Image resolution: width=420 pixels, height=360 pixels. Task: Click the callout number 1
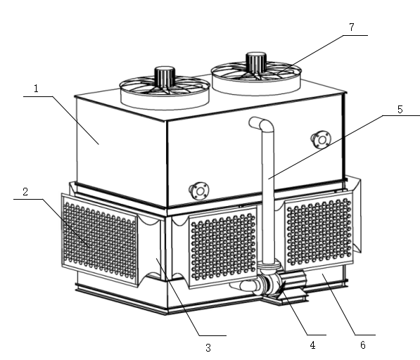point(36,89)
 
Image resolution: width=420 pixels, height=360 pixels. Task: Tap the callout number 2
point(25,192)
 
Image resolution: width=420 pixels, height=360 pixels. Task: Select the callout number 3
point(208,347)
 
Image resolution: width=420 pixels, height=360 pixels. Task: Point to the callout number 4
point(312,345)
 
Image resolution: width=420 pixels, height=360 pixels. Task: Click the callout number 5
point(400,110)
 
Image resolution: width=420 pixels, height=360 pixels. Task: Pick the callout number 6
point(363,345)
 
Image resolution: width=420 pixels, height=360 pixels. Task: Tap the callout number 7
point(352,27)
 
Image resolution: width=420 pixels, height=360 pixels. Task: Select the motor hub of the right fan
point(256,62)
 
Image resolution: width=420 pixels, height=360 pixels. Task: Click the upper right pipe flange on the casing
point(322,139)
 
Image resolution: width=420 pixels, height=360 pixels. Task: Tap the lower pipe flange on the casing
point(199,191)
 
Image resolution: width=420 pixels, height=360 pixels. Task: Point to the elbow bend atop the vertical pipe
point(262,124)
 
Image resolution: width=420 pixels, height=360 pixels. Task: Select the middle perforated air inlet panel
point(223,247)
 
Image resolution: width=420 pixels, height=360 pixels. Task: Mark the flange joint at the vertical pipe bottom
point(269,266)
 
